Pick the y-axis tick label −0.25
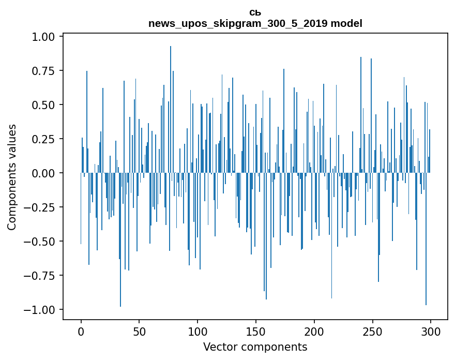coord(44,207)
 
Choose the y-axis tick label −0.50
coord(44,242)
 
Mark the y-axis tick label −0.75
coord(44,276)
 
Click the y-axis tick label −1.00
coord(44,310)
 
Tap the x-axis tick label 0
coord(81,332)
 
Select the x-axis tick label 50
coord(139,332)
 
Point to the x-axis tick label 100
coord(198,332)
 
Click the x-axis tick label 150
coord(255,332)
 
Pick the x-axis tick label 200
coord(314,332)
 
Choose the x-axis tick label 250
coord(372,332)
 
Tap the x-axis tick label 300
coord(430,332)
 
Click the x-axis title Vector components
coord(255,347)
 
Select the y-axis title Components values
coord(12,177)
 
